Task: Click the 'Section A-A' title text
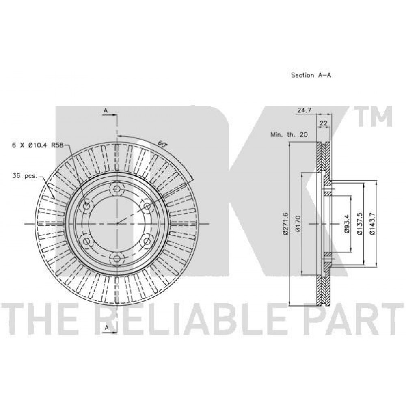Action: coord(311,75)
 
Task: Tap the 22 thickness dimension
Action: coord(324,123)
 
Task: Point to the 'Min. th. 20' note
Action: coord(289,134)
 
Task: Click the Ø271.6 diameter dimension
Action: coord(286,224)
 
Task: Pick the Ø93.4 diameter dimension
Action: coord(347,224)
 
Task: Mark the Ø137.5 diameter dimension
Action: coord(360,224)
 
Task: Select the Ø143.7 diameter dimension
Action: coord(372,224)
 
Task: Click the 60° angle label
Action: coord(162,144)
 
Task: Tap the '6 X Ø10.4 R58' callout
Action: coord(38,145)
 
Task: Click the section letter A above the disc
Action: coord(106,110)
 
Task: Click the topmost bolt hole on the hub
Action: coord(117,189)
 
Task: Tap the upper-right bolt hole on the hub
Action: coord(147,206)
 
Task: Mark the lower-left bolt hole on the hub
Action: coord(87,241)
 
